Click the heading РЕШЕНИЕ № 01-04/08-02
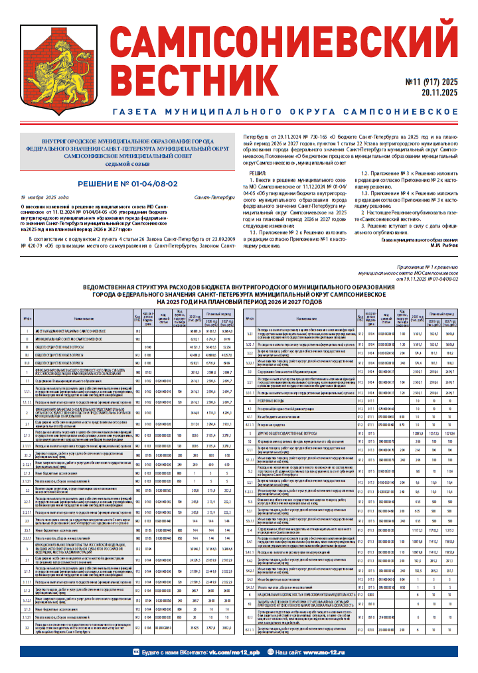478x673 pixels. click(x=127, y=183)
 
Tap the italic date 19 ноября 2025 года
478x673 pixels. click(x=44, y=198)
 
